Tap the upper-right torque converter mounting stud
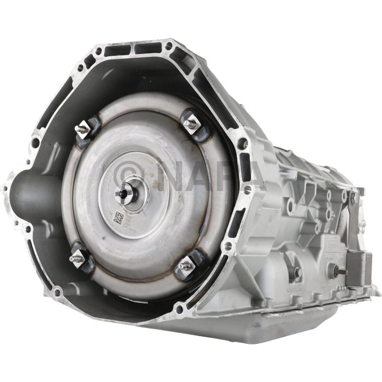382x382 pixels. tap(192, 123)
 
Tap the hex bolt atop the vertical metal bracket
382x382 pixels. tap(353, 196)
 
